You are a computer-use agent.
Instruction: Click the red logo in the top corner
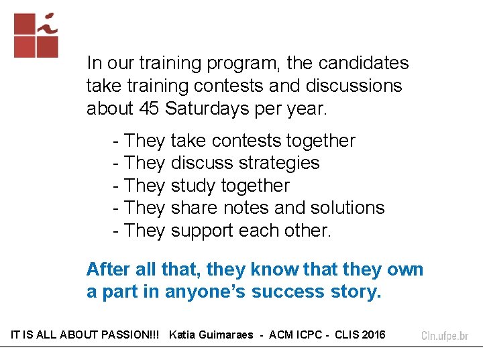(36, 35)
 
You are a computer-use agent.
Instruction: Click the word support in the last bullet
(202, 231)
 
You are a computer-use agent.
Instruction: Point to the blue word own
(405, 269)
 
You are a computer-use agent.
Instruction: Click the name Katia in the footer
(183, 335)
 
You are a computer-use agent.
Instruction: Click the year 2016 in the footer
(374, 335)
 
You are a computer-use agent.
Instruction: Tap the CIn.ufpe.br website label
(445, 335)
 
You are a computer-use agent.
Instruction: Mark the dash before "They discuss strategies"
(117, 163)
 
